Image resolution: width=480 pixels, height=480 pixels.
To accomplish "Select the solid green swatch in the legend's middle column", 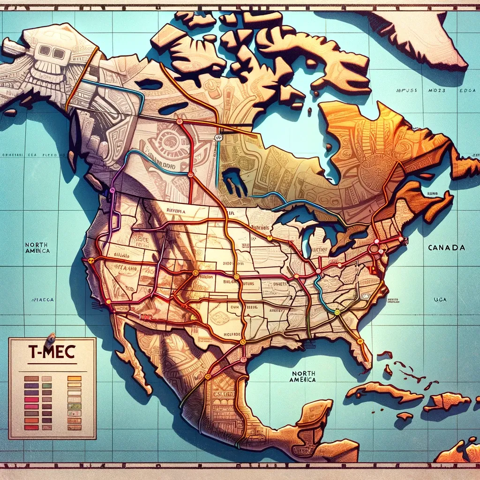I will pyautogui.click(x=47, y=386).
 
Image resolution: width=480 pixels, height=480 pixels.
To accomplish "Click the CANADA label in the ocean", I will pyautogui.click(x=446, y=247).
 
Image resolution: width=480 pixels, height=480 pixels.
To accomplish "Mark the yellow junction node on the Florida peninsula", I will pyautogui.click(x=360, y=341).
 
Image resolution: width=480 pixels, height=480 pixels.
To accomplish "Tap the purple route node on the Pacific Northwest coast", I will pyautogui.click(x=112, y=190).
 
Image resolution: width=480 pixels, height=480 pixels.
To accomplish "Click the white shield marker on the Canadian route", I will pyautogui.click(x=217, y=137).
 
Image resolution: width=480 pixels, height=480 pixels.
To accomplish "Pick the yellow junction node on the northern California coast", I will pyautogui.click(x=91, y=260).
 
